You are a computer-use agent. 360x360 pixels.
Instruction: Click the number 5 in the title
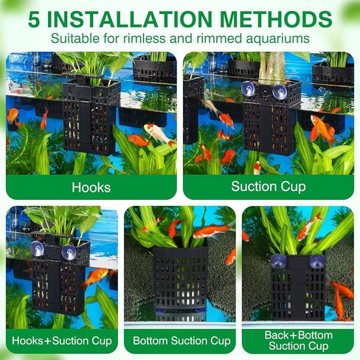point(34,19)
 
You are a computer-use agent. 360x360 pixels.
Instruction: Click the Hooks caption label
point(91,187)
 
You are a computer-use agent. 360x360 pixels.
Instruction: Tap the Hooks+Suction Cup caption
point(62,341)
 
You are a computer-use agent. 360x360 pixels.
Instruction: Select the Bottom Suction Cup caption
point(181,341)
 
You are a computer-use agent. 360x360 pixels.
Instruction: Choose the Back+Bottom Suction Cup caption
point(299,341)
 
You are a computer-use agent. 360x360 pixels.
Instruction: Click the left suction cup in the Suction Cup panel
point(248,89)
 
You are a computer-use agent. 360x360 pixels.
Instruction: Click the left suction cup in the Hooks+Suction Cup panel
point(37,249)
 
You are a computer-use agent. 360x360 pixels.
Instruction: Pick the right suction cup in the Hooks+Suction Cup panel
point(69,252)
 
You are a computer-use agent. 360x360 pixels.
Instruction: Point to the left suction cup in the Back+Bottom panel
point(278,261)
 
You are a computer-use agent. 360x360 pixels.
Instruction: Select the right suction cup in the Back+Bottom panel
point(317,261)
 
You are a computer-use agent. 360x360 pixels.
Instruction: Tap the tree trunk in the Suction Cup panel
point(272,68)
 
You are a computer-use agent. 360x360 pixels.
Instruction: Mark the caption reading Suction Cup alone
point(269,187)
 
